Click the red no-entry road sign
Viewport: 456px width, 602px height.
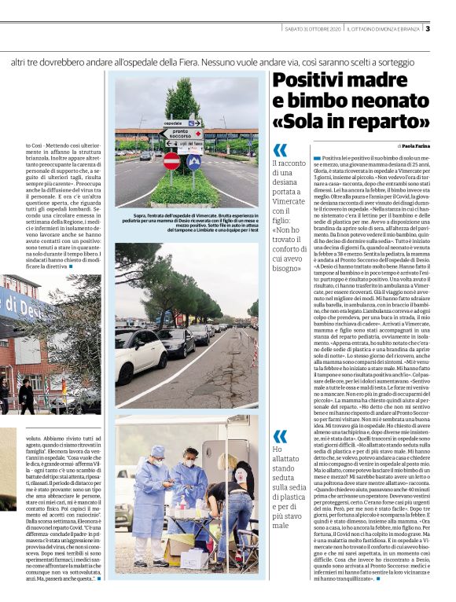(171, 161)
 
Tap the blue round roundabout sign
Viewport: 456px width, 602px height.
(193, 161)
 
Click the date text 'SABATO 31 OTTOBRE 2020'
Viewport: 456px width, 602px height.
(312, 29)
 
